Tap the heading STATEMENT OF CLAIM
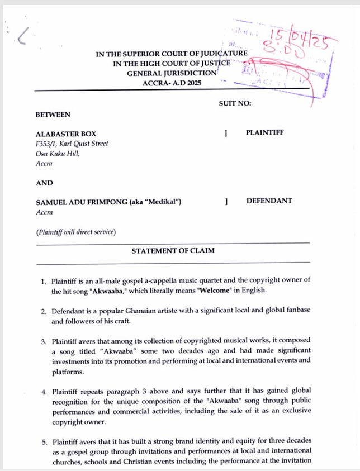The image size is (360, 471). pyautogui.click(x=173, y=251)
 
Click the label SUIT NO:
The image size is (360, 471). pyautogui.click(x=235, y=103)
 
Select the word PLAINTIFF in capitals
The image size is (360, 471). pyautogui.click(x=264, y=133)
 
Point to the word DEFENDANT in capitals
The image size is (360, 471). pyautogui.click(x=269, y=201)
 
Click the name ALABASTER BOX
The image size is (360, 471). pyautogui.click(x=66, y=134)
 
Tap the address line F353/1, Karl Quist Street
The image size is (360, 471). pyautogui.click(x=72, y=144)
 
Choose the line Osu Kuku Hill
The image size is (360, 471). pyautogui.click(x=57, y=154)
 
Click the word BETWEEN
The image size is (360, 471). pyautogui.click(x=53, y=115)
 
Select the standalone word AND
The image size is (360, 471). pyautogui.click(x=44, y=183)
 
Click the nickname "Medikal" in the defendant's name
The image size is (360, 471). pyautogui.click(x=165, y=202)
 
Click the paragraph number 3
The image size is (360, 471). pyautogui.click(x=43, y=341)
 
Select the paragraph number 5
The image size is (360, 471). pyautogui.click(x=43, y=440)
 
